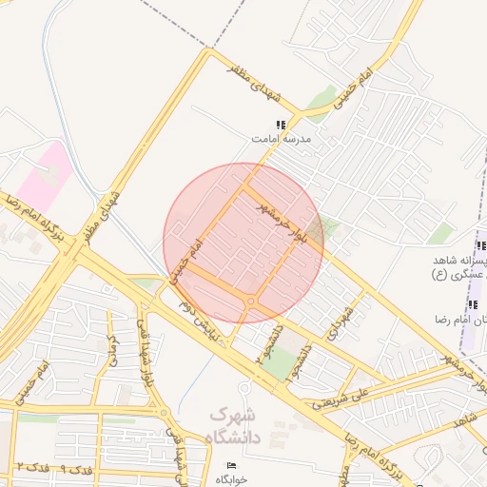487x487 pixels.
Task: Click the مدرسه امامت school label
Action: pos(282,139)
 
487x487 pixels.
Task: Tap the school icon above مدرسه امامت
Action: pos(281,125)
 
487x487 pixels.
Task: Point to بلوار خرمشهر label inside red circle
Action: pos(284,218)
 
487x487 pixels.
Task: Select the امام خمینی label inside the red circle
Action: pos(185,260)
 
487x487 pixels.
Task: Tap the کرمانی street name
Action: pos(111,351)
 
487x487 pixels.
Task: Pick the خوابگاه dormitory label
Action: pos(233,478)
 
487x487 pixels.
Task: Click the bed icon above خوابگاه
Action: pos(233,464)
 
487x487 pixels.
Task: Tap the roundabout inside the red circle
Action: pos(250,302)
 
